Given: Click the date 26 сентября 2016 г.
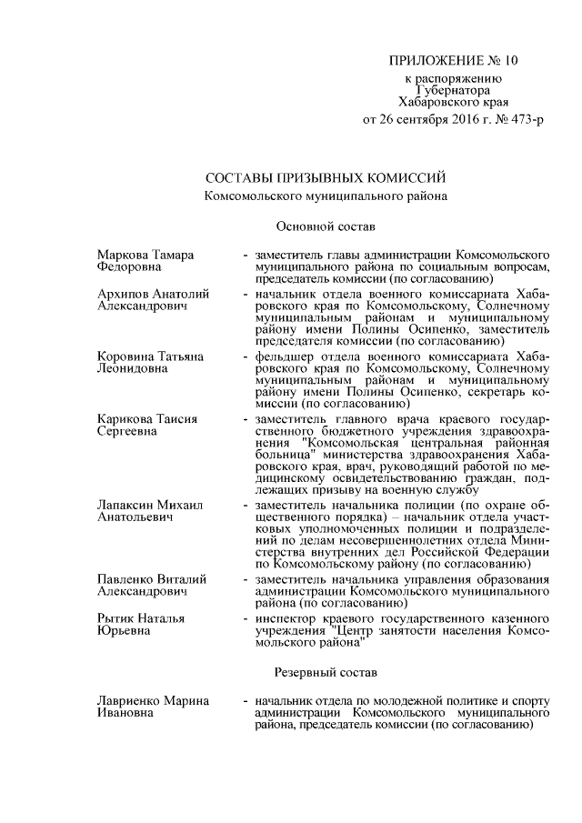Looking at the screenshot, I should pos(434,120).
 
